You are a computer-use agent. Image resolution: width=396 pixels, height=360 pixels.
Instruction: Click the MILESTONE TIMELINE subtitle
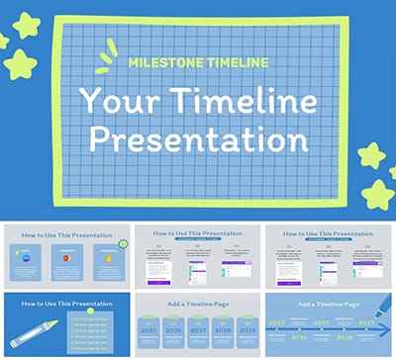click(198, 62)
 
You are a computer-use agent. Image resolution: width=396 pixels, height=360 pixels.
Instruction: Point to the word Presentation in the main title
click(198, 138)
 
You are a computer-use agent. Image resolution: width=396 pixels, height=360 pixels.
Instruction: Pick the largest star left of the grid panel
click(20, 65)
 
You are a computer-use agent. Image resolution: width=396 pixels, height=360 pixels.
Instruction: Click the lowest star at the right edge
click(379, 192)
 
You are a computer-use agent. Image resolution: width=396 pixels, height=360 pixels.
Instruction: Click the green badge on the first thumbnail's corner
click(124, 242)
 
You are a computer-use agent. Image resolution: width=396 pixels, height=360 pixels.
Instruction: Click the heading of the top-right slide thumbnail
click(329, 235)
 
